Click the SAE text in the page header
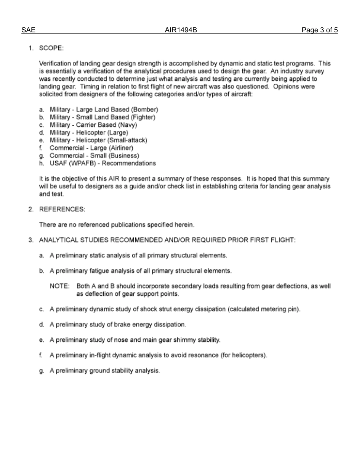(x=28, y=30)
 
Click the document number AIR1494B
(x=181, y=30)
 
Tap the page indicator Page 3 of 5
(x=319, y=30)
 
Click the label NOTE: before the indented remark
(x=60, y=286)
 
